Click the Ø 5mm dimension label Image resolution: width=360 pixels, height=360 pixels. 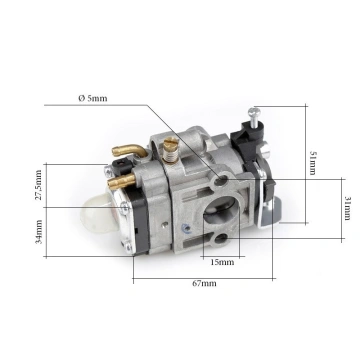coord(93,98)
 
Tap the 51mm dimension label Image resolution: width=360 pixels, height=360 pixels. coord(313,163)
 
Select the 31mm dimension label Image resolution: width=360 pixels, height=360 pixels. coord(347,208)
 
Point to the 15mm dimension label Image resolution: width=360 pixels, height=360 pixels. coord(222,262)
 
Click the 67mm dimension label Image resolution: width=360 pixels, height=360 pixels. coord(204,283)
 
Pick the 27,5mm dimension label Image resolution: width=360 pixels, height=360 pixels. coord(39,185)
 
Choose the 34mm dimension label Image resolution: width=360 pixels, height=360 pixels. coord(39,232)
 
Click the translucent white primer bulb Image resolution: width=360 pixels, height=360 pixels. coord(102,215)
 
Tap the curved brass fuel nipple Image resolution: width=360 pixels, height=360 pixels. coord(129,151)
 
